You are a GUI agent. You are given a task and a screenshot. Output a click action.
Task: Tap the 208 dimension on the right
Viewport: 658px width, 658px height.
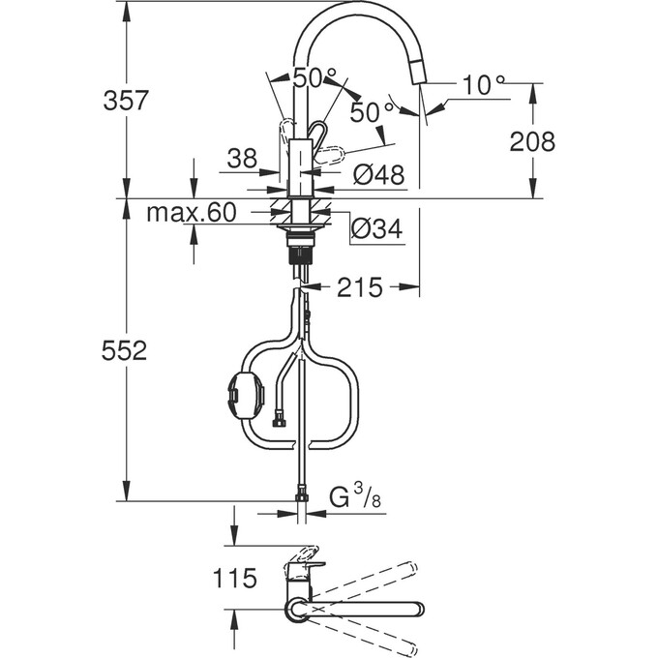tap(533, 141)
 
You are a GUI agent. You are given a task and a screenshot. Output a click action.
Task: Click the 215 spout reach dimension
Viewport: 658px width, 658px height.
tap(360, 287)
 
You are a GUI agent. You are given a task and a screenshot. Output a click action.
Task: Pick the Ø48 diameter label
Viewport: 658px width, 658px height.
tap(378, 175)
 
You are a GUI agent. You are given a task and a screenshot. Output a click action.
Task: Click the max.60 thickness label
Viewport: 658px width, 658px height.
tap(191, 213)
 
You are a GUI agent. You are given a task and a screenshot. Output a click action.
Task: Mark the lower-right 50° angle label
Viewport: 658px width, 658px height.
tap(373, 112)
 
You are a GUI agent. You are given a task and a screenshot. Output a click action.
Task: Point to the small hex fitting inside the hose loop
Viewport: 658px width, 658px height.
tap(280, 420)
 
